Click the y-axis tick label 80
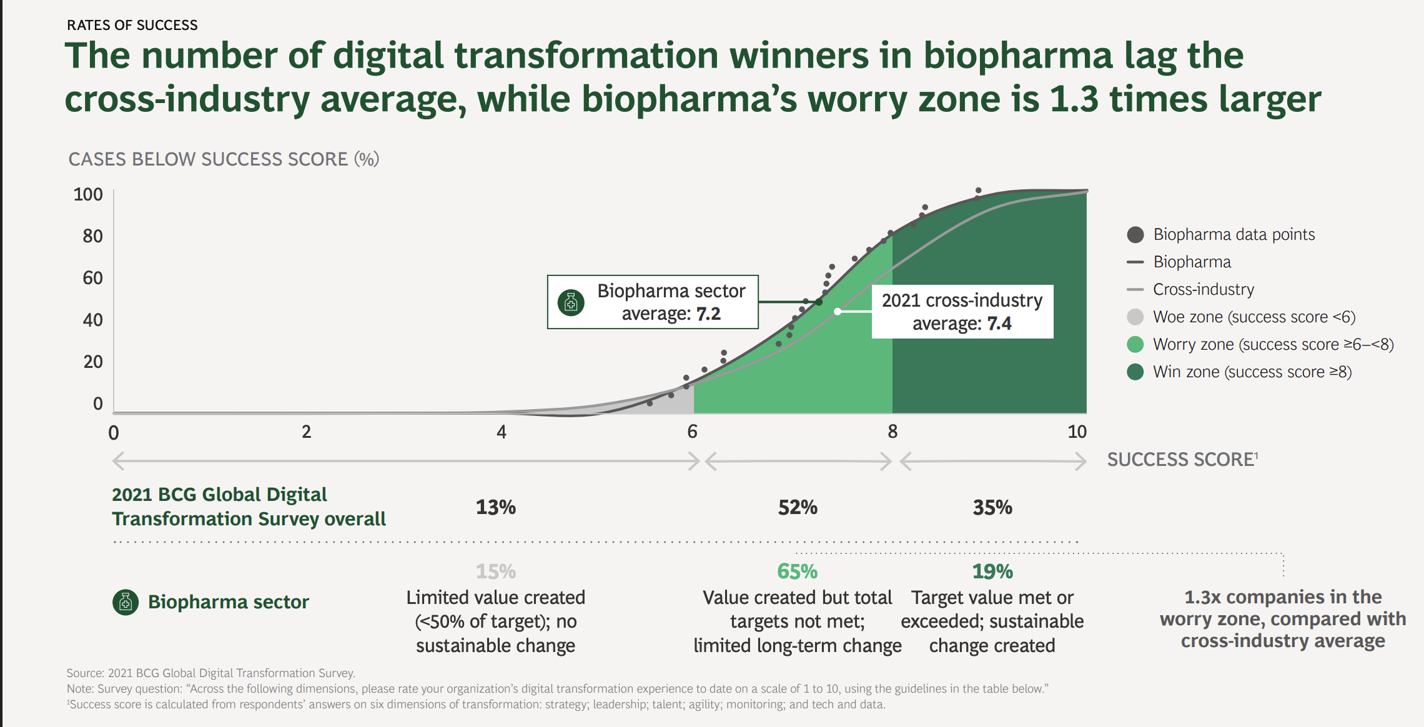[x=92, y=236]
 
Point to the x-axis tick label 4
[x=501, y=432]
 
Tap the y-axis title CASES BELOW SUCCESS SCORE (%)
[x=224, y=159]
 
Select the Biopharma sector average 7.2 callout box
[x=653, y=302]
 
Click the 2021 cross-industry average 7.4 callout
[x=962, y=312]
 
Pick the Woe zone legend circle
[x=1135, y=317]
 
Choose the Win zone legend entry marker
[x=1135, y=372]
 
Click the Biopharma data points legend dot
[x=1135, y=235]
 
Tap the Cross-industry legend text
[x=1203, y=289]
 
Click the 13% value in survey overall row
[x=495, y=507]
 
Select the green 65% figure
[x=797, y=571]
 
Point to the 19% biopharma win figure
[x=992, y=571]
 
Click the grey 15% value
[x=495, y=571]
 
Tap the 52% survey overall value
[x=797, y=507]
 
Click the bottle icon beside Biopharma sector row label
[x=126, y=602]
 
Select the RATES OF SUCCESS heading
[x=132, y=25]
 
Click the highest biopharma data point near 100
[x=978, y=190]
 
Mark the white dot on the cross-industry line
[x=838, y=311]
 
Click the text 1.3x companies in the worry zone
[x=1282, y=618]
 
